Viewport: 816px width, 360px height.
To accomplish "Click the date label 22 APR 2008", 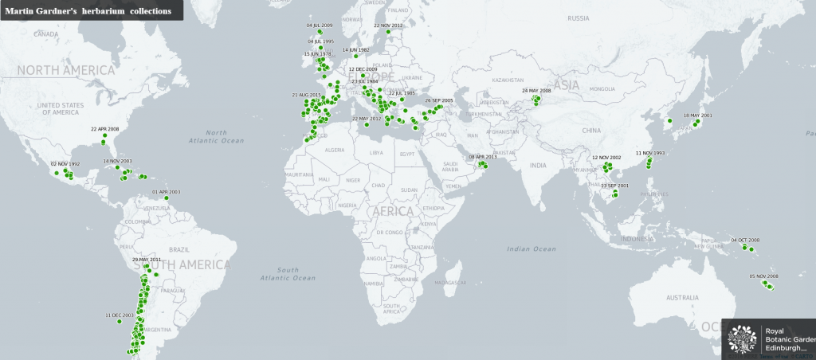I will point(105,129).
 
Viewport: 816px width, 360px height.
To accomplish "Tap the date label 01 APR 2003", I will point(167,192).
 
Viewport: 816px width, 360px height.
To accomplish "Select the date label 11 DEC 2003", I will point(119,315).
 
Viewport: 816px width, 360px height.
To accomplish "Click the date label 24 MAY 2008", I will point(536,91).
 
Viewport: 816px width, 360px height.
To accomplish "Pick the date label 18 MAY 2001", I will point(697,115).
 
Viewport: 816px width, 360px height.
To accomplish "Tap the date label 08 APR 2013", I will point(482,157).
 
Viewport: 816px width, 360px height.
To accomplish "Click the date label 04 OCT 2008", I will point(745,240).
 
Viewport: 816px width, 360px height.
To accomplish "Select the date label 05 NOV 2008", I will point(763,276).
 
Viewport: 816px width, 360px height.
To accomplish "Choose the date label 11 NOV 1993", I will point(650,152).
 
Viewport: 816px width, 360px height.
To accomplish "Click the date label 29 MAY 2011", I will point(147,260).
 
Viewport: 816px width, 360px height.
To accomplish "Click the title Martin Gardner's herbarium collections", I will point(88,10).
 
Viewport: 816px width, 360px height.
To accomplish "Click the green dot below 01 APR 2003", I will point(167,198).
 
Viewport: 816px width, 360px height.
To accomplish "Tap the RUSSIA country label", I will point(579,18).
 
